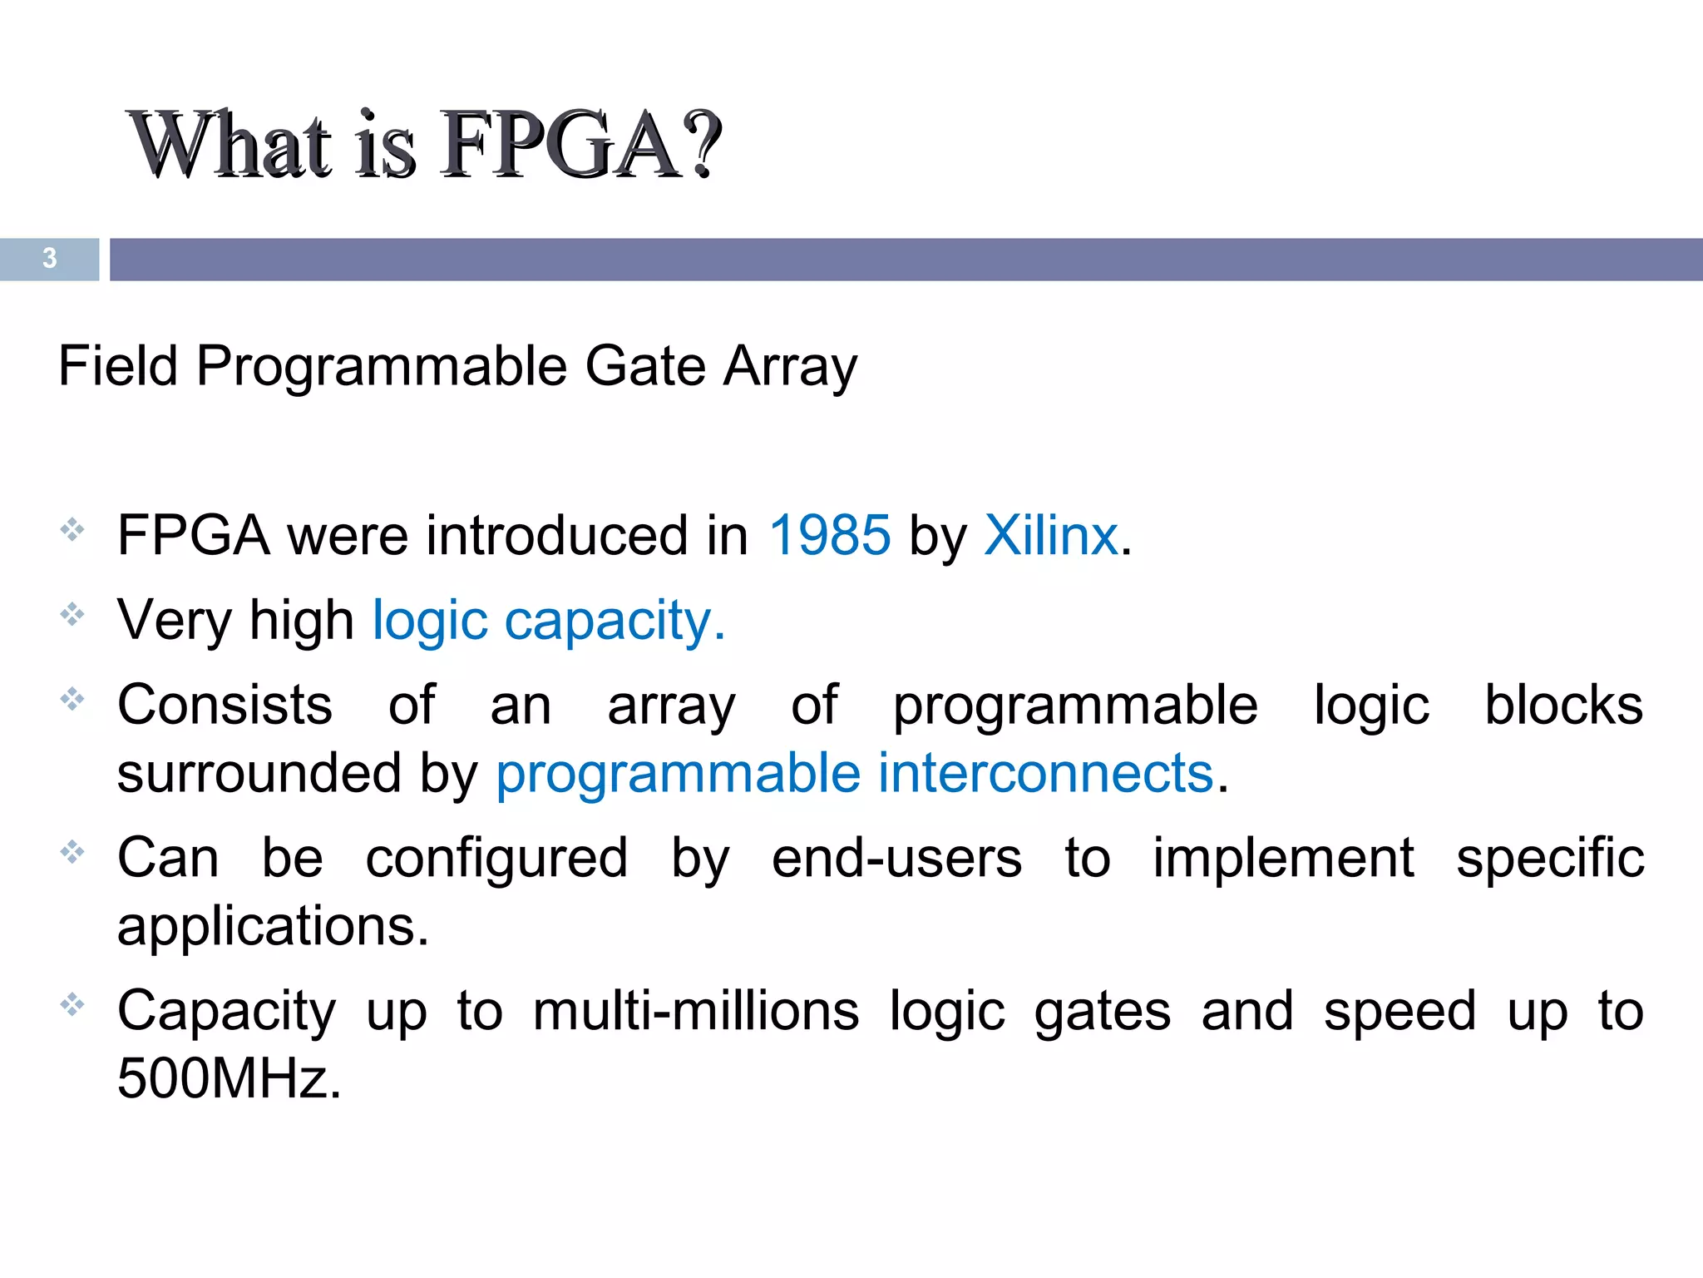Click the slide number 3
pos(50,259)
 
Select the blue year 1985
pos(830,535)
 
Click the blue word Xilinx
pos(1051,535)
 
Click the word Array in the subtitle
pos(790,368)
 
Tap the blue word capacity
pos(615,622)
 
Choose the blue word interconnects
pos(1046,773)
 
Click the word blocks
pos(1563,706)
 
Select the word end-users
pos(896,859)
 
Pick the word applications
pos(273,928)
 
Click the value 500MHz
pos(230,1079)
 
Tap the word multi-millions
pos(696,1012)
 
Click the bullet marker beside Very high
pos(72,615)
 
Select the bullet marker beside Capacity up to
pos(72,1005)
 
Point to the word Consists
pos(225,706)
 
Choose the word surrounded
pos(259,773)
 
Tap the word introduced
pos(556,535)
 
